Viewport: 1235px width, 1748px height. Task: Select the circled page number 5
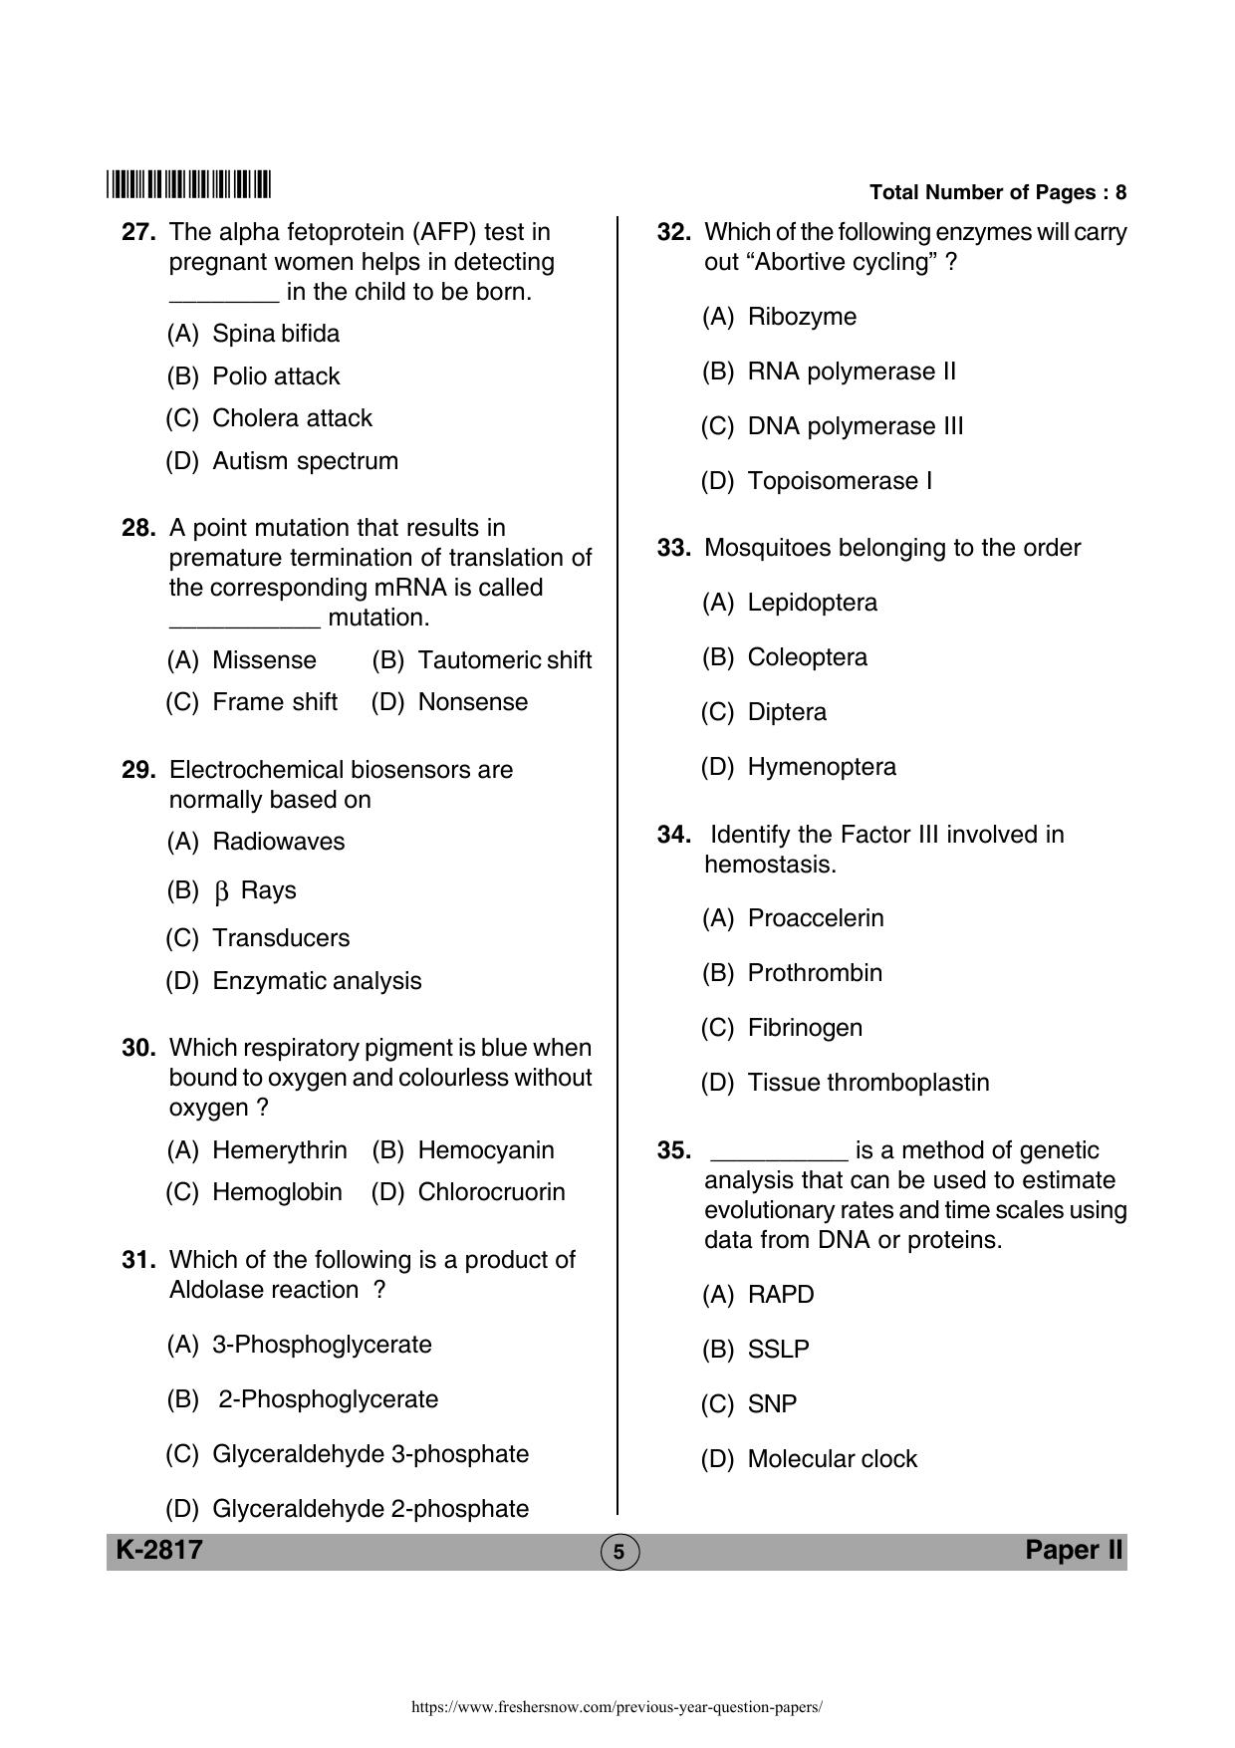point(618,1552)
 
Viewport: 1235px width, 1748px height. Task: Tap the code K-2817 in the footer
point(159,1550)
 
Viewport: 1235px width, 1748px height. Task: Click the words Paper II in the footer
point(1074,1550)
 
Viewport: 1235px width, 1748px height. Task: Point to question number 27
point(138,232)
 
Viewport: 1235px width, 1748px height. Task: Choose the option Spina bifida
point(275,334)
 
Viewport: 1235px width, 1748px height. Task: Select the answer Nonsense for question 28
point(472,702)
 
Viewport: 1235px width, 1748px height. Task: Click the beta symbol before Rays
point(222,891)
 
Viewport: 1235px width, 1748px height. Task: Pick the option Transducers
point(281,938)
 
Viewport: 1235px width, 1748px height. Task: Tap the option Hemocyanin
point(485,1150)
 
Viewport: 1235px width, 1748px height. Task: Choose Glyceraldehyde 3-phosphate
point(370,1454)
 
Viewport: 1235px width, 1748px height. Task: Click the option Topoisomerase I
point(840,481)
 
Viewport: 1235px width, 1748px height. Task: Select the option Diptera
point(787,712)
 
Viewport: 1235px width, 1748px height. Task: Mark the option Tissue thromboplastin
point(867,1083)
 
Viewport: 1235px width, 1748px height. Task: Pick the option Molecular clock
point(832,1459)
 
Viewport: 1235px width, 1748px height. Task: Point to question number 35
point(673,1150)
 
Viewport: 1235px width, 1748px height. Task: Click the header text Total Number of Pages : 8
point(997,192)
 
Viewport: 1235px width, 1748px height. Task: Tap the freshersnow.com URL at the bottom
point(617,1706)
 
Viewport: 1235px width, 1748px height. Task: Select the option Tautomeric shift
point(504,660)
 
